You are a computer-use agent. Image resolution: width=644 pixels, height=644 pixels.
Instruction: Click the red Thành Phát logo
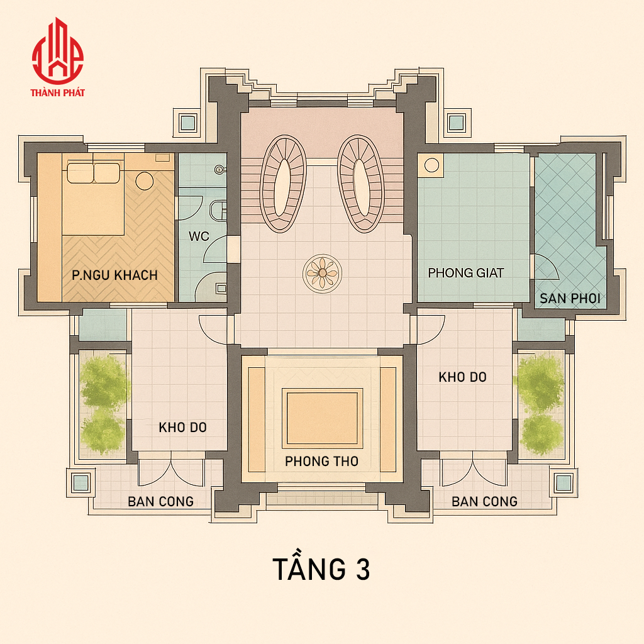click(x=58, y=57)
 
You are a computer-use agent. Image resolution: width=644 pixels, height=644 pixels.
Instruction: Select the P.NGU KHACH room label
click(x=114, y=275)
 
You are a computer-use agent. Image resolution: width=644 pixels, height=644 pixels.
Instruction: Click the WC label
click(x=199, y=236)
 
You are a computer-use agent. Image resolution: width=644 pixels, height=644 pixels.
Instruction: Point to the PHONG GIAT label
click(x=466, y=273)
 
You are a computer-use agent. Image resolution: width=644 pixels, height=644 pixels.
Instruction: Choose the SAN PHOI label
click(x=570, y=299)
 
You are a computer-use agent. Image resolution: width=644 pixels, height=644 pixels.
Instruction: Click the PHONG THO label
click(x=321, y=461)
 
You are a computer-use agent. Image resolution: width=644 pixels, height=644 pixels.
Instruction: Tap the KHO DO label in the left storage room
click(x=182, y=428)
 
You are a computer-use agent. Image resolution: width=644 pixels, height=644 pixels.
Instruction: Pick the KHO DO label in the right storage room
click(x=462, y=377)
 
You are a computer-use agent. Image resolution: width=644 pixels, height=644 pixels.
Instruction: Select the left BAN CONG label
click(x=160, y=501)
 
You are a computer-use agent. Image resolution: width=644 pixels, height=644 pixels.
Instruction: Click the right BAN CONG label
click(x=485, y=501)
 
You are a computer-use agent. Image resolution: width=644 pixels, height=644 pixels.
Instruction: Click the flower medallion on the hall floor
click(x=323, y=273)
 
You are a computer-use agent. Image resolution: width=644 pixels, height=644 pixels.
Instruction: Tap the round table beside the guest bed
click(x=145, y=180)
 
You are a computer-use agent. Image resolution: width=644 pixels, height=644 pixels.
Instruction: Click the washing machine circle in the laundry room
click(x=431, y=165)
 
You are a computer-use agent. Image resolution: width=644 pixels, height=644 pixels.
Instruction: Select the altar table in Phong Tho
click(x=322, y=418)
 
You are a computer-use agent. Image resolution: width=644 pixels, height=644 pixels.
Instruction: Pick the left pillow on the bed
click(x=80, y=173)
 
